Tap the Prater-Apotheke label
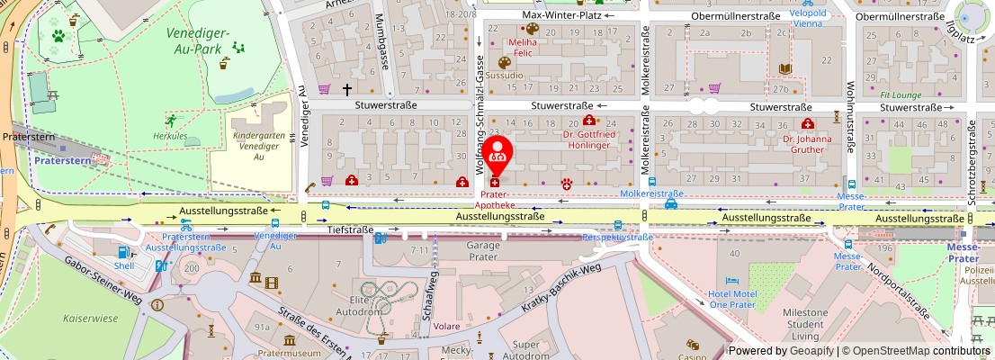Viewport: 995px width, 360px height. click(x=498, y=199)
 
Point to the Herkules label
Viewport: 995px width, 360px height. click(x=169, y=136)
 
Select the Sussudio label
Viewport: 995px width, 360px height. click(x=504, y=76)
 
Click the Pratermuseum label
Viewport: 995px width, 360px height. click(x=290, y=354)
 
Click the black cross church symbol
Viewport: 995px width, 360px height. click(x=347, y=89)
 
